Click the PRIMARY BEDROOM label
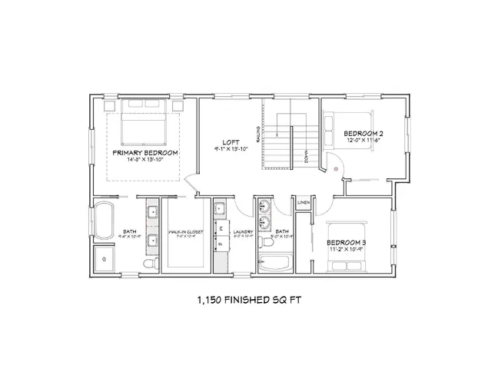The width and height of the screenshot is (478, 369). (x=145, y=153)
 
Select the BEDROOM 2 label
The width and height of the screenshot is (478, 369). (x=363, y=133)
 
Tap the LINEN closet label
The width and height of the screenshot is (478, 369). (x=303, y=203)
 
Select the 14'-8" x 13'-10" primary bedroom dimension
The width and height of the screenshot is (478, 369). (x=145, y=161)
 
